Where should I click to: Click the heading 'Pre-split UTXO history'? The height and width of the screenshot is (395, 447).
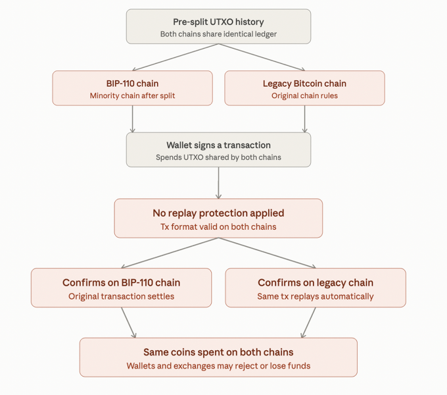tap(218, 22)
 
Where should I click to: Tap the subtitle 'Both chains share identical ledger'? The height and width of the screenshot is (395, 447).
tap(218, 34)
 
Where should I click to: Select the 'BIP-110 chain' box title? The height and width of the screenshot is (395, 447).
tap(132, 84)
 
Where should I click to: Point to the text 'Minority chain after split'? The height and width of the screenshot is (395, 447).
tap(132, 95)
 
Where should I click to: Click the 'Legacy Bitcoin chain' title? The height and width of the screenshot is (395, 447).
tap(304, 84)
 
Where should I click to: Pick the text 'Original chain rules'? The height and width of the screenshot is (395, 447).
tap(304, 95)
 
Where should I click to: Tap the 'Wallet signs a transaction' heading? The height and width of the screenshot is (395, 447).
tap(218, 145)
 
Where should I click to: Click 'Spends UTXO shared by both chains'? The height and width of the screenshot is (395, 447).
tap(218, 157)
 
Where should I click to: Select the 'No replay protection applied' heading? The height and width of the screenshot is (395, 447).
tap(218, 213)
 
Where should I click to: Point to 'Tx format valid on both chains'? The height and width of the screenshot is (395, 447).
tap(218, 227)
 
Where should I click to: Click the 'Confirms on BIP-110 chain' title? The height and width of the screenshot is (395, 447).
tap(121, 282)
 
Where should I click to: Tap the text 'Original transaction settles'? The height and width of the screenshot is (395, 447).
tap(121, 296)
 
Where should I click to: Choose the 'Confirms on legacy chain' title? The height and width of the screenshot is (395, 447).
tap(316, 282)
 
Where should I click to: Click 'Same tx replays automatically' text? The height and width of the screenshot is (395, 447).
tap(316, 296)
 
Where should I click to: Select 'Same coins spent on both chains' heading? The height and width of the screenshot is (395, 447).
tap(218, 352)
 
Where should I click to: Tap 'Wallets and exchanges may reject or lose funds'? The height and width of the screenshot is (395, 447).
tap(218, 366)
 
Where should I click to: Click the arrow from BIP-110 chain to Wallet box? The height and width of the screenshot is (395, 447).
tap(132, 119)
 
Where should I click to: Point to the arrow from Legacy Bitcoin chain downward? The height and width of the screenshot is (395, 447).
tap(304, 119)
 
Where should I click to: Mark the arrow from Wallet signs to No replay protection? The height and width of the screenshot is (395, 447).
tap(218, 183)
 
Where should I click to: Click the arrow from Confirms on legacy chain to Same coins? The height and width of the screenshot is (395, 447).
tap(309, 323)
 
